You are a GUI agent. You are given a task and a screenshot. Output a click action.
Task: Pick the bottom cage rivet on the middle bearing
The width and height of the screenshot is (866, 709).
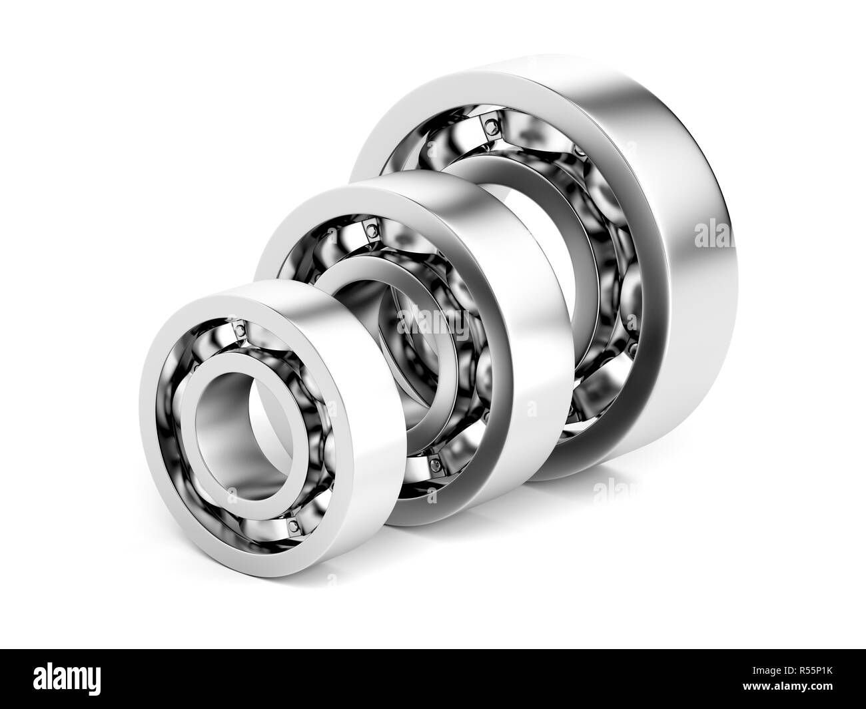pos(434,461)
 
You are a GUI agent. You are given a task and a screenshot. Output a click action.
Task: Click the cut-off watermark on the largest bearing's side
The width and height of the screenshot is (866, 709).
pos(713,233)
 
